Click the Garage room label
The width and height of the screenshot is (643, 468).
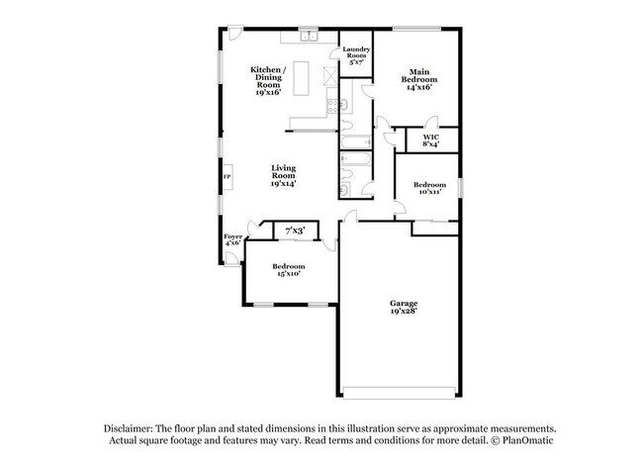(403, 307)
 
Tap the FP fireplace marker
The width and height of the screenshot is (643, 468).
(227, 177)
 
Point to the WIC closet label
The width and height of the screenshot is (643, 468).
(430, 140)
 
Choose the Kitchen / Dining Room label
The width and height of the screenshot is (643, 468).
(268, 80)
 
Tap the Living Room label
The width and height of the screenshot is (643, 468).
(283, 176)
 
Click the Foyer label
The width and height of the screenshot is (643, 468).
(232, 239)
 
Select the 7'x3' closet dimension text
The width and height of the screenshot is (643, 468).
(294, 231)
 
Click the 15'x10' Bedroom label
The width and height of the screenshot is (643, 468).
(288, 270)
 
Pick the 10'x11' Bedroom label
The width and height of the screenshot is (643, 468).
(428, 189)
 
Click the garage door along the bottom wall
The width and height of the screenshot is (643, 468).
(400, 388)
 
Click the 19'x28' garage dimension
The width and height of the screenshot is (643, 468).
(403, 312)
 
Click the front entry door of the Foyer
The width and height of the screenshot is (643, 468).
(230, 259)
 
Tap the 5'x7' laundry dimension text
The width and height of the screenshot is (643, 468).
(355, 63)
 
